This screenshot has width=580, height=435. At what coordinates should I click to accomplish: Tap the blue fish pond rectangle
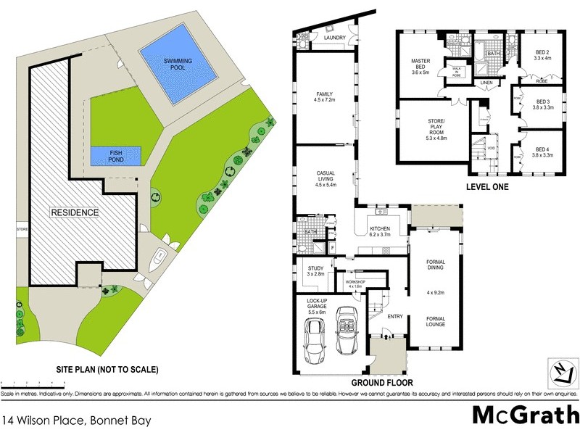pos(116,156)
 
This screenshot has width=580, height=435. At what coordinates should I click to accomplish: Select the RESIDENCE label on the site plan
pos(74,212)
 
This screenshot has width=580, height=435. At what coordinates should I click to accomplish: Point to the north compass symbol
pos(562,371)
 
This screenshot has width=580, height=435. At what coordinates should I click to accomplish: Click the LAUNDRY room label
pos(334,38)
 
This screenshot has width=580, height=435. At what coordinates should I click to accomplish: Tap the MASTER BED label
pos(421,67)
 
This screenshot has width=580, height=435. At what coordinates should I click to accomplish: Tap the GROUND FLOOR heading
pos(382,382)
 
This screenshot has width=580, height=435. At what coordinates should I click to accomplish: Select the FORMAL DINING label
pos(436,266)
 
